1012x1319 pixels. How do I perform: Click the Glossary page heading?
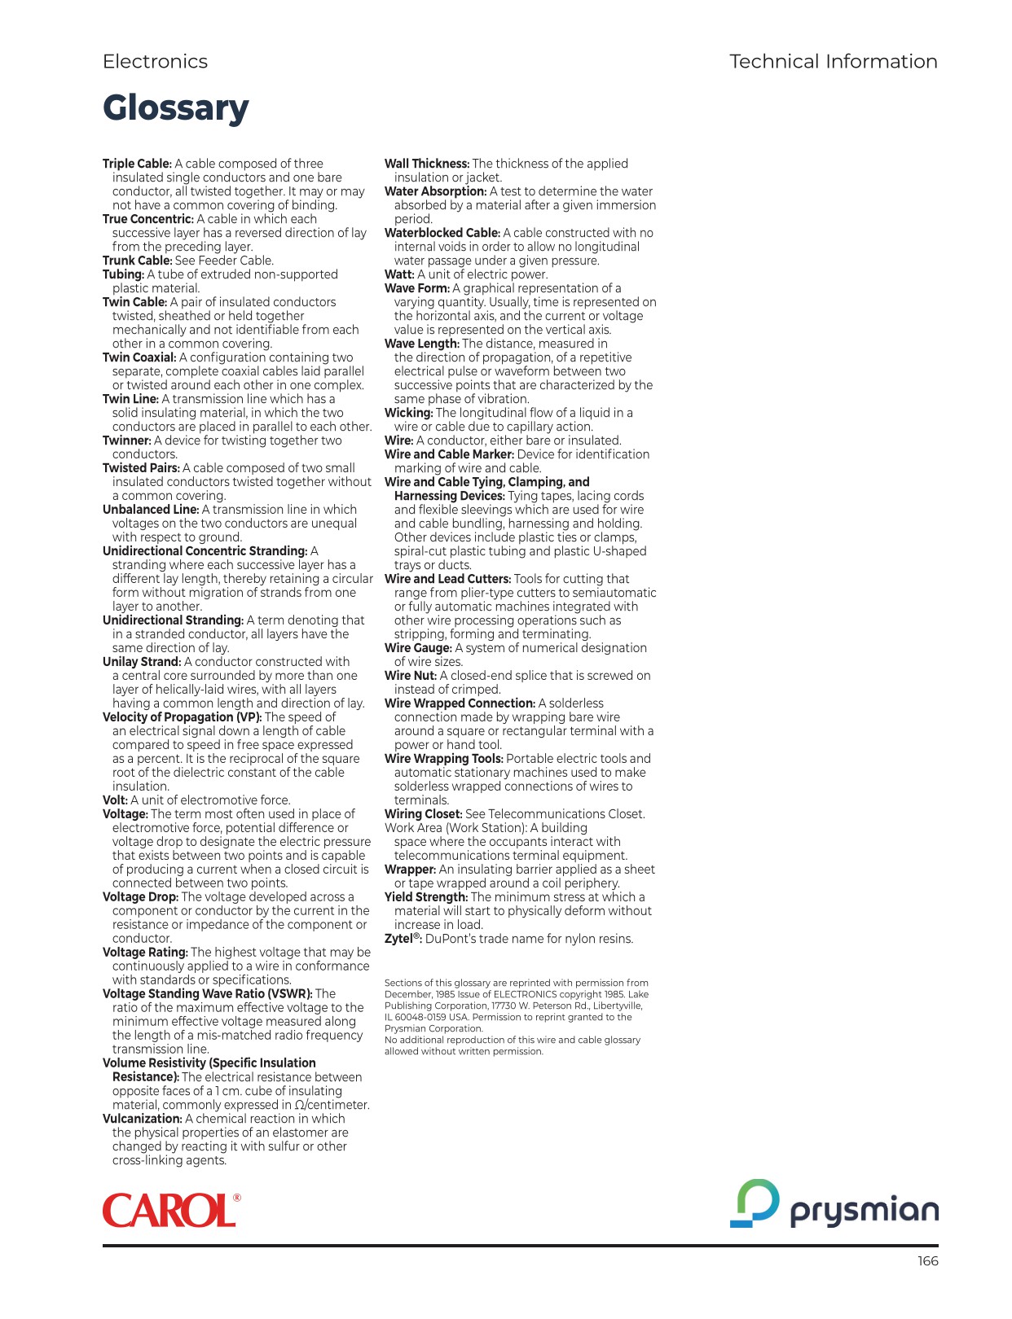[x=175, y=108]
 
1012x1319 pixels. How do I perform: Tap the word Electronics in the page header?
[x=155, y=62]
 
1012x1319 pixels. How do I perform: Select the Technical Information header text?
[x=833, y=62]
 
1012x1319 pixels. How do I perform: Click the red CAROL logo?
[x=170, y=1211]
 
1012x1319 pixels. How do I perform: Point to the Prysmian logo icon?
[x=755, y=1203]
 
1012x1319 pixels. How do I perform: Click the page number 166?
[x=927, y=1261]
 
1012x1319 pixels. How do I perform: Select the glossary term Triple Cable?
[x=137, y=164]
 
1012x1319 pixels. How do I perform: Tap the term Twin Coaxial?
[x=139, y=357]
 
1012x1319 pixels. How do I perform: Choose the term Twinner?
[x=126, y=440]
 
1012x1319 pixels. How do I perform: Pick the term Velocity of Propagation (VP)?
[x=182, y=717]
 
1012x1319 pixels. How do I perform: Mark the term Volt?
[x=115, y=800]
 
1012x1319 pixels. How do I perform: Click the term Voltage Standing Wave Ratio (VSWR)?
[x=207, y=994]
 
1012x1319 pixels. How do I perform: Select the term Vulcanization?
[x=142, y=1119]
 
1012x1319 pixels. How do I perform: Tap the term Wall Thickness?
[x=426, y=164]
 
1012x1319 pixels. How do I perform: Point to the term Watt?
[x=399, y=274]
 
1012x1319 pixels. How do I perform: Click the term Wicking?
[x=408, y=413]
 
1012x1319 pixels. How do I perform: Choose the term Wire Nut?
[x=411, y=676]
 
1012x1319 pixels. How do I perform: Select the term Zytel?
[x=403, y=939]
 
